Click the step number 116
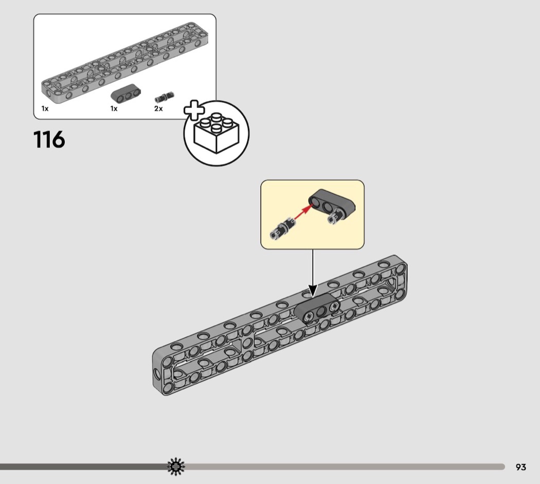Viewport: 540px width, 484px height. (49, 140)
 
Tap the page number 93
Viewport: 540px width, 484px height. (520, 467)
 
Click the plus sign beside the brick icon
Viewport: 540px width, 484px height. (194, 110)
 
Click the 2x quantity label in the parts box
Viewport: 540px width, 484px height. (158, 109)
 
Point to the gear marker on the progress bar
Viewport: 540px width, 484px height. (176, 467)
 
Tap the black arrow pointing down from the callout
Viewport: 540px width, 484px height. (313, 273)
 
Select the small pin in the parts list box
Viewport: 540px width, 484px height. (165, 97)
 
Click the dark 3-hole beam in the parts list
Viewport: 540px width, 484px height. (125, 93)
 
